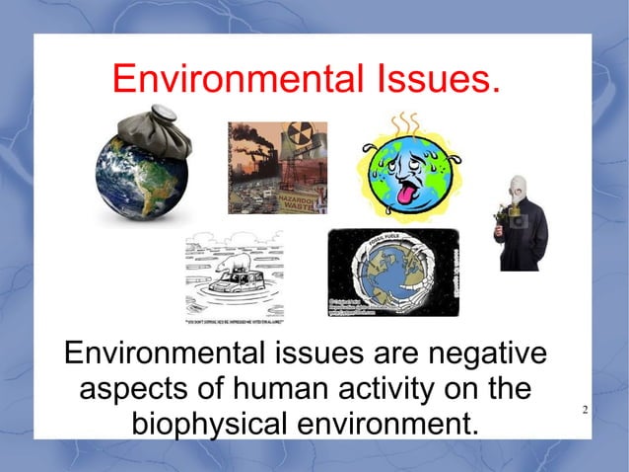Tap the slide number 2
pos(586,410)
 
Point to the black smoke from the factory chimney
pos(252,138)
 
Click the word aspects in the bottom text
pos(134,388)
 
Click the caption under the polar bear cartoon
pos(234,321)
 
